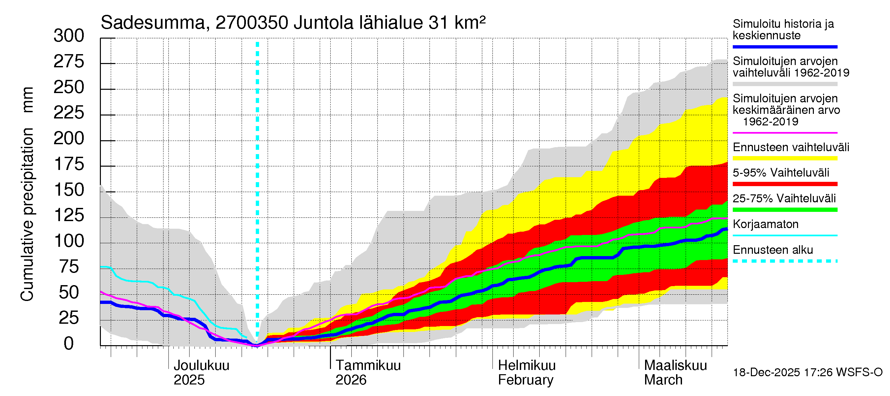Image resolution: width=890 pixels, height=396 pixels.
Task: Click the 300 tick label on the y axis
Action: [69, 36]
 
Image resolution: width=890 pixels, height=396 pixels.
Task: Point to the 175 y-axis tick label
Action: [69, 164]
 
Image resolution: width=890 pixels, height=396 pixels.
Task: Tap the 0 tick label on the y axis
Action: [69, 344]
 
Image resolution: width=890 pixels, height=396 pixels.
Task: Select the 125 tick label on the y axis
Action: [69, 215]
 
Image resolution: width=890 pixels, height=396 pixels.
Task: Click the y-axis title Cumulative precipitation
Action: [27, 214]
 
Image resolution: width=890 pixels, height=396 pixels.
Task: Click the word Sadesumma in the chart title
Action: [152, 23]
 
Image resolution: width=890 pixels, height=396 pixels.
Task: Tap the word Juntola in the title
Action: [323, 23]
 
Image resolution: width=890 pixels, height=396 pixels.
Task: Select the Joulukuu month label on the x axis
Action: [201, 366]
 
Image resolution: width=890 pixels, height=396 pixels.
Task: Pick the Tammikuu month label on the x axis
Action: [368, 366]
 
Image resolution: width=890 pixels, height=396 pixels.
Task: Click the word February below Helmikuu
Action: [525, 380]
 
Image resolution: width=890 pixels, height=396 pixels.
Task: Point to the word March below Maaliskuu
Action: [663, 380]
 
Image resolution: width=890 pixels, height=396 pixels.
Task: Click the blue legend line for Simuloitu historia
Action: [785, 47]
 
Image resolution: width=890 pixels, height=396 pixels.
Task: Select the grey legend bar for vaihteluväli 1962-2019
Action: [785, 84]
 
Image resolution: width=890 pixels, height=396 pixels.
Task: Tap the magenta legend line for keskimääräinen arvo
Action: [785, 133]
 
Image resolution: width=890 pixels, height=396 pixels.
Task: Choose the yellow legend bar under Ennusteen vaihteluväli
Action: [785, 158]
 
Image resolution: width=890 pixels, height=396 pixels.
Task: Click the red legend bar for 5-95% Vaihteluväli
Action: [785, 184]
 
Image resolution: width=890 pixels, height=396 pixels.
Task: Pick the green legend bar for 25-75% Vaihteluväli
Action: [785, 210]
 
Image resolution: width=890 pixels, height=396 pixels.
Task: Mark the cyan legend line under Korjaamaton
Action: [785, 236]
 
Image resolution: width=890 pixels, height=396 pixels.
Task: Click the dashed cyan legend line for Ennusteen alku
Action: [785, 261]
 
